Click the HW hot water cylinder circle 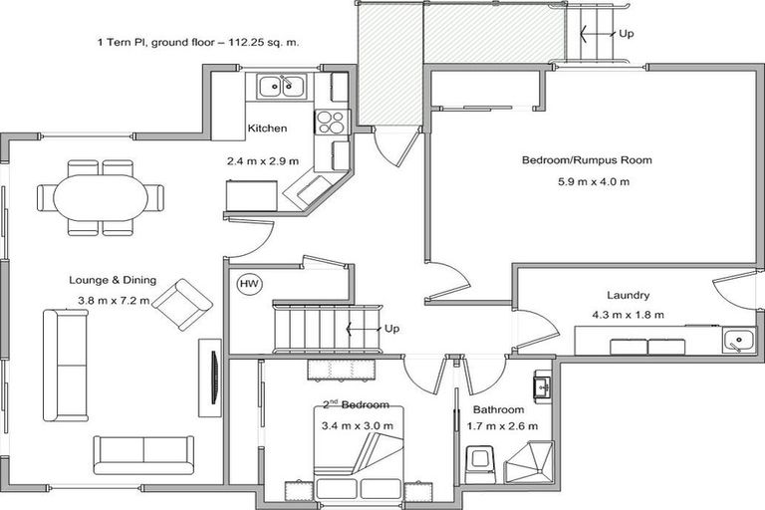click(249, 285)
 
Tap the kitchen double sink click(282, 87)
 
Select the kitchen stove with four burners click(331, 123)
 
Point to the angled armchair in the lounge click(181, 304)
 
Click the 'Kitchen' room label click(267, 128)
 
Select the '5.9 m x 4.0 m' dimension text click(594, 181)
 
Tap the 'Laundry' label click(629, 295)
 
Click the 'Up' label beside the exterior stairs click(627, 33)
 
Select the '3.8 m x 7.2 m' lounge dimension click(113, 300)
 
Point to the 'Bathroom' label click(498, 409)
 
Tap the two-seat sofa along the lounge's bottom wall click(144, 454)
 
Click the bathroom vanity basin click(542, 385)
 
